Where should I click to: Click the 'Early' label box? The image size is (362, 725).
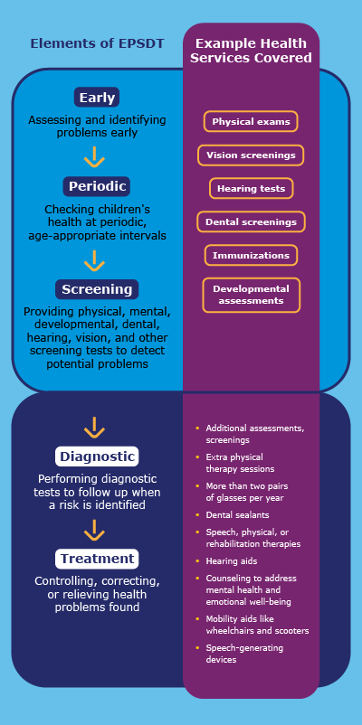[96, 98]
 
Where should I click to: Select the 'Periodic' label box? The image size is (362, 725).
[97, 186]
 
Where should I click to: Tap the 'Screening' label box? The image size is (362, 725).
[97, 289]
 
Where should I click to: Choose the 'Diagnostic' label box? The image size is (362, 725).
[96, 456]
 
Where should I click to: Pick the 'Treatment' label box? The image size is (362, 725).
[97, 559]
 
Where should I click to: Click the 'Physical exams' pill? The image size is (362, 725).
[251, 121]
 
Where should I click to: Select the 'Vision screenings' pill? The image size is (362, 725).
[251, 155]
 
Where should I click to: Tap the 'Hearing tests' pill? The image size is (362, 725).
[251, 189]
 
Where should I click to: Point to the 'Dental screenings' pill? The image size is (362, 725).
[251, 221]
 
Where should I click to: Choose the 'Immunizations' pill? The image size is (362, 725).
[251, 256]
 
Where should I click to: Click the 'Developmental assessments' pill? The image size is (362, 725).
[251, 295]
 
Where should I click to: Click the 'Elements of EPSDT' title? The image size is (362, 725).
[97, 43]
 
